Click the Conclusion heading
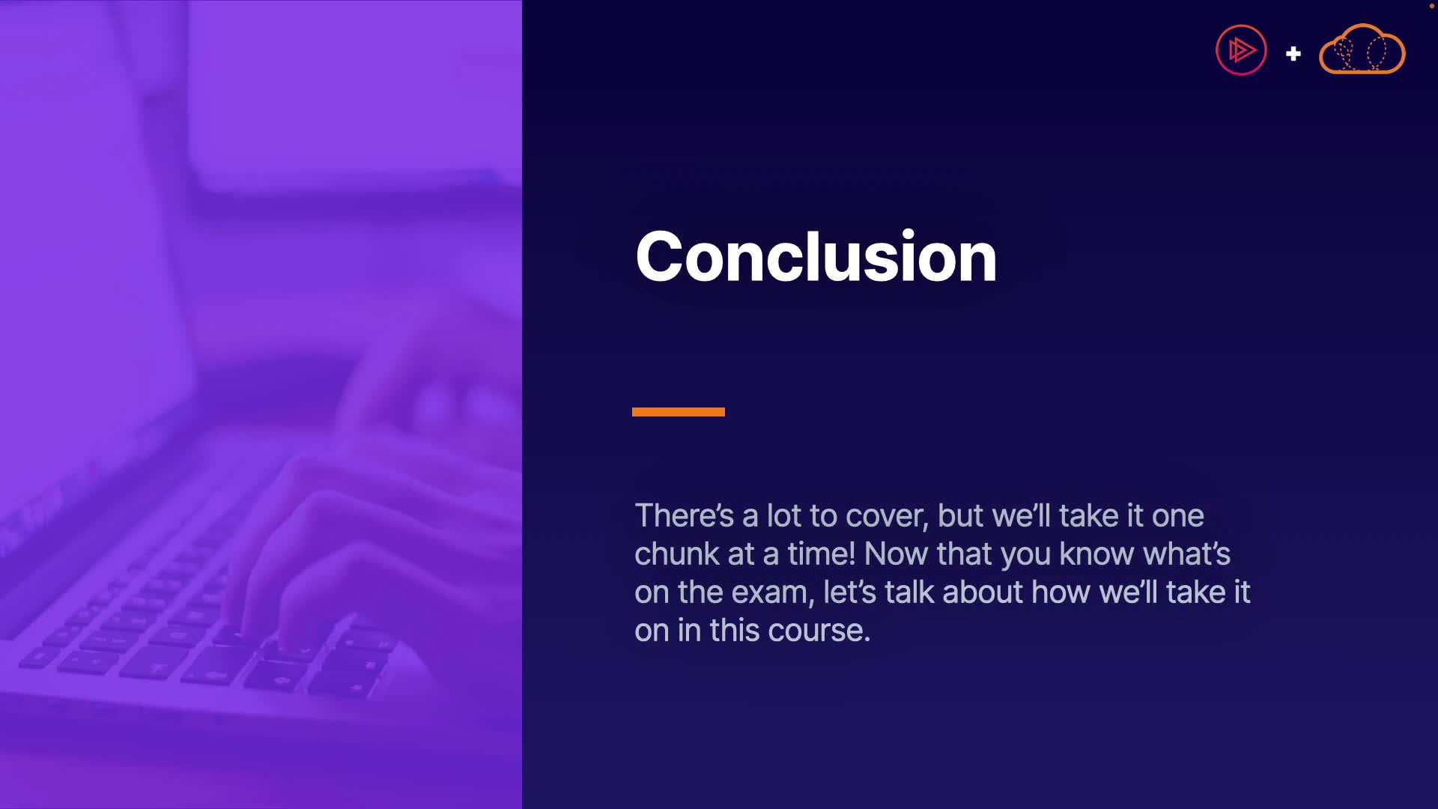click(816, 256)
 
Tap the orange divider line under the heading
click(679, 411)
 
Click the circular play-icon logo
click(1241, 50)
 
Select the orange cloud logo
click(1362, 49)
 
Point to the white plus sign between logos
click(1293, 54)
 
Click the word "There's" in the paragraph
click(684, 515)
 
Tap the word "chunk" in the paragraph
click(676, 554)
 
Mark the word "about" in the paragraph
click(983, 592)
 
